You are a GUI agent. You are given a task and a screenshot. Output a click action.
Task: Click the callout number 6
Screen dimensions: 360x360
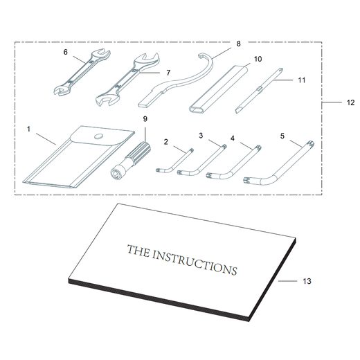pyautogui.click(x=66, y=53)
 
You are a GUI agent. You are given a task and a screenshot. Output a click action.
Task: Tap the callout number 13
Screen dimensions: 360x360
pyautogui.click(x=307, y=281)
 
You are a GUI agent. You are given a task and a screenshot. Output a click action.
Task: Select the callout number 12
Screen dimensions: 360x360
pyautogui.click(x=350, y=102)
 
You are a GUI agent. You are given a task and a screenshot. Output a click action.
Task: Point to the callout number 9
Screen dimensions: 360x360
pyautogui.click(x=145, y=119)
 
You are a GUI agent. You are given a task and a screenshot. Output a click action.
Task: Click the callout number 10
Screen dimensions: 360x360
pyautogui.click(x=258, y=59)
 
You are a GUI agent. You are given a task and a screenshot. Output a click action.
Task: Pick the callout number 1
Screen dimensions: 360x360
pyautogui.click(x=28, y=129)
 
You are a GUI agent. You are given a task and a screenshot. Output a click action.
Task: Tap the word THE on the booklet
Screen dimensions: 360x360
pyautogui.click(x=138, y=251)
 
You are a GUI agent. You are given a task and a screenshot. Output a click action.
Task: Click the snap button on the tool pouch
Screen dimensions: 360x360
pyautogui.click(x=98, y=136)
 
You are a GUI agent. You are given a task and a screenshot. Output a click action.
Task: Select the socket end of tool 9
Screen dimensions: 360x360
pyautogui.click(x=116, y=173)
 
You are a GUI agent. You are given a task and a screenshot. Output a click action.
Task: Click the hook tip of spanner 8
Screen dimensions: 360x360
pyautogui.click(x=200, y=55)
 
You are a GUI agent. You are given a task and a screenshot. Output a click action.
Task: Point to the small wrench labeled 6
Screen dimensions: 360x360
pyautogui.click(x=82, y=72)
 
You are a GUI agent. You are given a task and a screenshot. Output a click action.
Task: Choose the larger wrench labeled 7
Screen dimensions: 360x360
pyautogui.click(x=127, y=79)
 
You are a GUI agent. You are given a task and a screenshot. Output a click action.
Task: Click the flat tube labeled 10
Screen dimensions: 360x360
pyautogui.click(x=218, y=89)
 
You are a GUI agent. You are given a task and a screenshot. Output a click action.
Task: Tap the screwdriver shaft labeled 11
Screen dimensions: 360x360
pyautogui.click(x=259, y=91)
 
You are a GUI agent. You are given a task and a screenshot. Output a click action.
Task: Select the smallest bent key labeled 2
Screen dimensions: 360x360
pyautogui.click(x=174, y=161)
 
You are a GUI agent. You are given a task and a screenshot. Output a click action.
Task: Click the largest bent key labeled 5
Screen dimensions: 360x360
pyautogui.click(x=279, y=163)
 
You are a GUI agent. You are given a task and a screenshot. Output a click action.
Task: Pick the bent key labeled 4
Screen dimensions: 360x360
pyautogui.click(x=233, y=162)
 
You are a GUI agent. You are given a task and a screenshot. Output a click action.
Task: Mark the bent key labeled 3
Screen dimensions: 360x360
pyautogui.click(x=202, y=160)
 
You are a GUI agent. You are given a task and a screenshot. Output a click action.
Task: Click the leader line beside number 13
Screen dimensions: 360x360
pyautogui.click(x=287, y=281)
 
